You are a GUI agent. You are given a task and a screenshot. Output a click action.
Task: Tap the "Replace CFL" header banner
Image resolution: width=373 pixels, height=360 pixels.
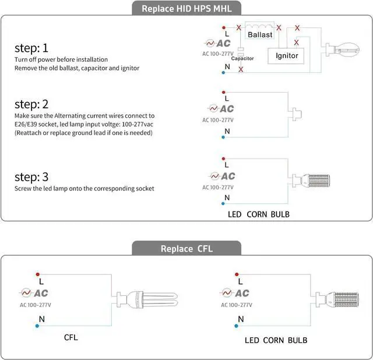pos(186,249)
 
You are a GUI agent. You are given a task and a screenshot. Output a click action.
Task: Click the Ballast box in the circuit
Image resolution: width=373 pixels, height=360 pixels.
pos(260,34)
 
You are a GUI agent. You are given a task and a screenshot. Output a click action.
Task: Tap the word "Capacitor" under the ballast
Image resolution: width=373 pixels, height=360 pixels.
pos(242,58)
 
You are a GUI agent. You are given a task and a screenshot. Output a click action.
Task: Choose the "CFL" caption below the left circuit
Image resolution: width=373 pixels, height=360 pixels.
pos(71,337)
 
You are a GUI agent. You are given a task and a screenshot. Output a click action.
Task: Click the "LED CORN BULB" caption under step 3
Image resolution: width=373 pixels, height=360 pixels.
pos(259,214)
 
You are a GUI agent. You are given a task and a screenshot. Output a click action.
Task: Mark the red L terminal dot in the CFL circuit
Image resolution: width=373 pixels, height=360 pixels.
pos(37,274)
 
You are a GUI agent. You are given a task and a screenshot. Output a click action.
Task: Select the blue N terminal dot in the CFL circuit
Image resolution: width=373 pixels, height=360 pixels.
pos(37,326)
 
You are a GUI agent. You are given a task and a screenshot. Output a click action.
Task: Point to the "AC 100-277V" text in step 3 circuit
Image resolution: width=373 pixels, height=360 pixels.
pos(218,187)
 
